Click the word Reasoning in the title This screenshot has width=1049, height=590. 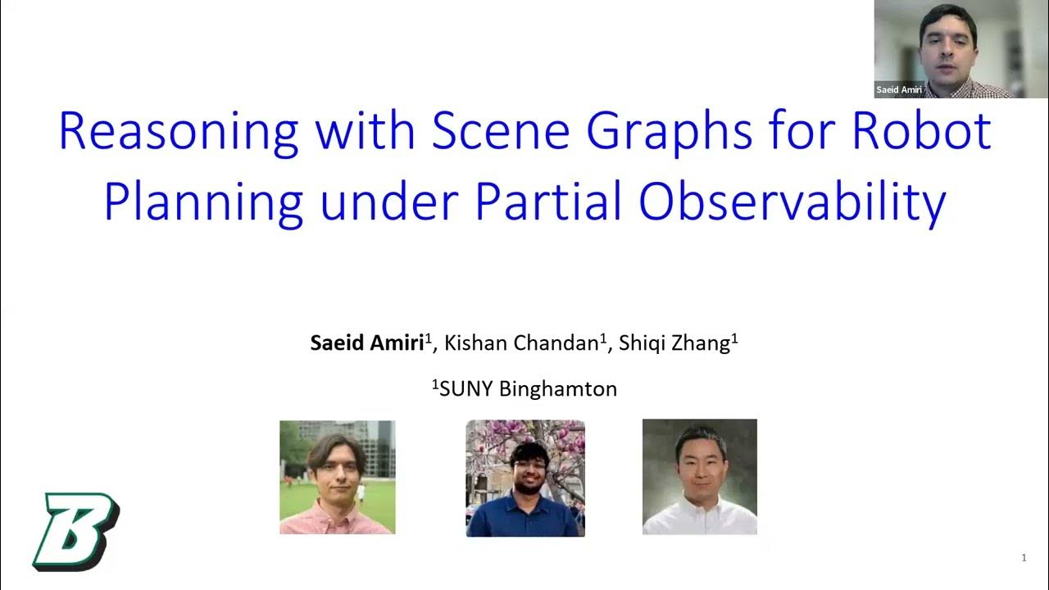coord(178,131)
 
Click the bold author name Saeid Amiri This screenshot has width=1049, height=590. coord(366,343)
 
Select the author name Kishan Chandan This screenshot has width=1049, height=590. coord(520,343)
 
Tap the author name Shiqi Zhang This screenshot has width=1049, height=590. coord(674,343)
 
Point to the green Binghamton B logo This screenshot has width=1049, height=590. coord(75,531)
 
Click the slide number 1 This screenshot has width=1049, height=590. coord(1024,558)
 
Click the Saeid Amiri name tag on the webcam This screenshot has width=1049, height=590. coord(899,90)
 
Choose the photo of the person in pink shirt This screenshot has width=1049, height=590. coord(337,478)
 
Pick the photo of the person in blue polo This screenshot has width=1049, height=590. coord(525,479)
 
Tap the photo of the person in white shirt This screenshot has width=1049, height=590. coord(699,477)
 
